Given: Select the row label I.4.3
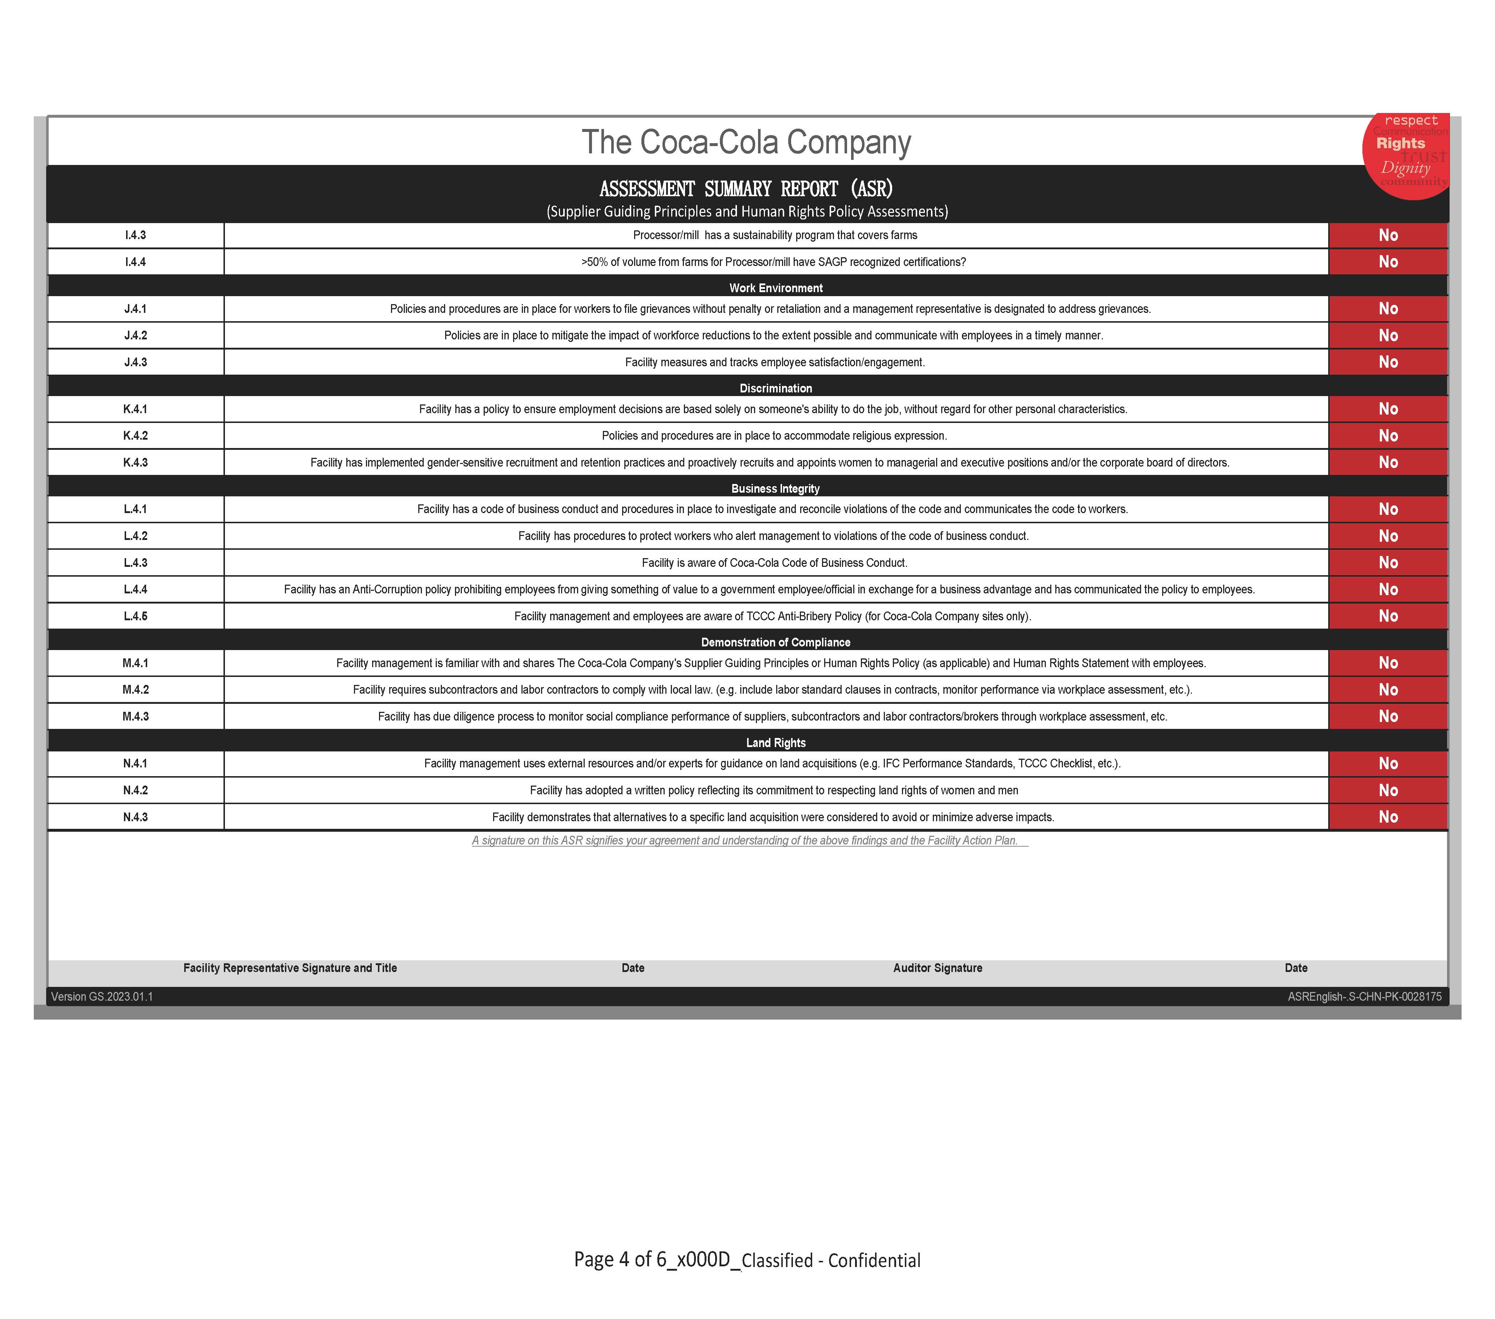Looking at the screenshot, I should [135, 235].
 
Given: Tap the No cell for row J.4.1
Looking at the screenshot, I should [1387, 308].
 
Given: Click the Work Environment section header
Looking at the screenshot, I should [775, 288].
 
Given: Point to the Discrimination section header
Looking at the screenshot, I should [775, 388].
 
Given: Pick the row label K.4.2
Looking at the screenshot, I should [135, 436].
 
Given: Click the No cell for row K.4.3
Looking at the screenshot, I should [1387, 462].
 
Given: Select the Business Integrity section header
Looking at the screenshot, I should [775, 488].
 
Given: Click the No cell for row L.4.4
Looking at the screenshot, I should [1387, 589].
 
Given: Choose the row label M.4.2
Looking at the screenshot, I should [135, 690].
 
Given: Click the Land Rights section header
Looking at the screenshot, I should [775, 743].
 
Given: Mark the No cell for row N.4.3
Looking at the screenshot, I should [1387, 817].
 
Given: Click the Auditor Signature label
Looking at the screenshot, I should [937, 968].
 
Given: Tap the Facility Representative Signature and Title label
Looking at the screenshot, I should [290, 968].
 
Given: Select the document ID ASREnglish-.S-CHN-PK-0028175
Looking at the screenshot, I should [1364, 997].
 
